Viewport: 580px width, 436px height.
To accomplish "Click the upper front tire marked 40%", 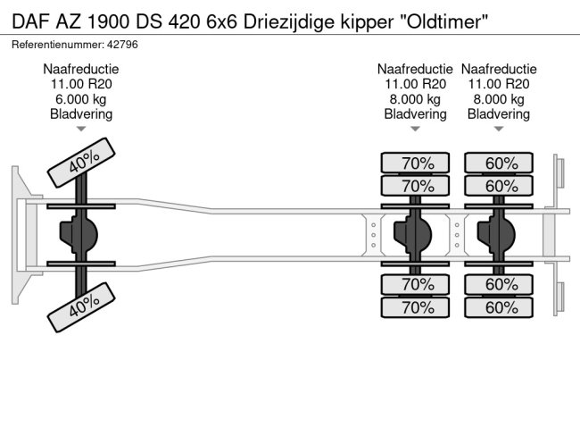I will [85, 161].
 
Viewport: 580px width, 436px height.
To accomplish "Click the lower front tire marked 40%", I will [85, 309].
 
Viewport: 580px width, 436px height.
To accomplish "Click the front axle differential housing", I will [79, 235].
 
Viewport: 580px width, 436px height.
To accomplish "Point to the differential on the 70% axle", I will [413, 235].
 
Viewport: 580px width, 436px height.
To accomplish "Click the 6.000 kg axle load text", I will [81, 99].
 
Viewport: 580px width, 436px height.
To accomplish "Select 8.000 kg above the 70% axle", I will [415, 99].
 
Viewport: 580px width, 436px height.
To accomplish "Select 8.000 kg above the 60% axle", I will [500, 99].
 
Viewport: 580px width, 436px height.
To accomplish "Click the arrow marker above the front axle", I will [81, 130].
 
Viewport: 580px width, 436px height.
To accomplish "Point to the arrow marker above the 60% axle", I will [500, 130].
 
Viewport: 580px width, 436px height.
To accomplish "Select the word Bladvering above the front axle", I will [81, 114].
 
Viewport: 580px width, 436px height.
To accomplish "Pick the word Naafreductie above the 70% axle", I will [415, 69].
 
